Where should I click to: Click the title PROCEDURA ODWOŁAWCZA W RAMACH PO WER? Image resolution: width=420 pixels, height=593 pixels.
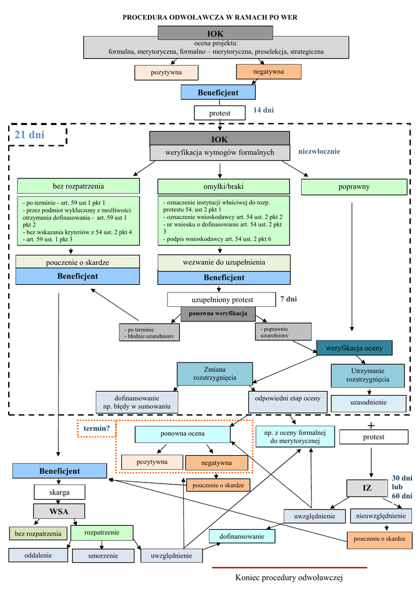point(210,17)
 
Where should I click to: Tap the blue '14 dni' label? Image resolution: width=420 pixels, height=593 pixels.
point(263,110)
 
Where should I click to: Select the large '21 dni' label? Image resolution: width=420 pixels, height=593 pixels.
point(30,135)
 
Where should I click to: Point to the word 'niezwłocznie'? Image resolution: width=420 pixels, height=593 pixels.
point(319,152)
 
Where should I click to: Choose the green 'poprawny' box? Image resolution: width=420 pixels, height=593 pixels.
point(354,187)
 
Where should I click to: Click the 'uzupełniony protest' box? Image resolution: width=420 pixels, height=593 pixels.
point(222,299)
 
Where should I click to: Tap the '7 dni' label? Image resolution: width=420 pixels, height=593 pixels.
point(288,299)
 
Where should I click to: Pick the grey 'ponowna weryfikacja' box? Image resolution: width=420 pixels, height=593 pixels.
point(218,314)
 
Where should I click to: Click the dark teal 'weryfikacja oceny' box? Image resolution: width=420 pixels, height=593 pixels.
point(354,348)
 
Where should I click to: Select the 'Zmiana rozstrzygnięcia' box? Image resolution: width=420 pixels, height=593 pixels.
point(215,374)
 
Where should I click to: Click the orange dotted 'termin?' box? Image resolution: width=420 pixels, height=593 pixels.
point(96,429)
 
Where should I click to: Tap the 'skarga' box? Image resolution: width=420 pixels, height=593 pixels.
point(60,492)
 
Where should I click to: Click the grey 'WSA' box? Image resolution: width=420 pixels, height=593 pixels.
point(59,511)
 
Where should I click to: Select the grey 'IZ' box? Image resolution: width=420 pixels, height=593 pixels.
point(367,488)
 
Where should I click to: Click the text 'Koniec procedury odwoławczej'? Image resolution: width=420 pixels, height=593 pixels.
point(289,578)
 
